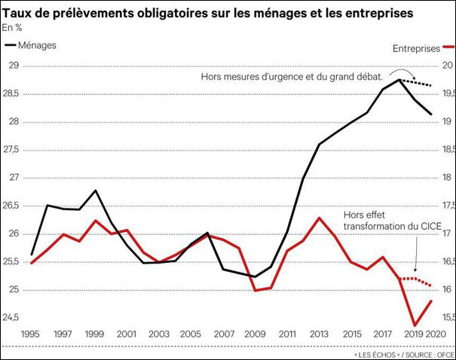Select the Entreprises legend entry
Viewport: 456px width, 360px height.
[416, 48]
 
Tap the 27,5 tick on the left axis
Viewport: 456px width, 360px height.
[11, 149]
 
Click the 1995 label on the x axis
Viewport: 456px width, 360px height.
[32, 333]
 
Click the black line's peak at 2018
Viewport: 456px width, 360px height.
[398, 79]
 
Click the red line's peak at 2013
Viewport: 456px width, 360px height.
[319, 218]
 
